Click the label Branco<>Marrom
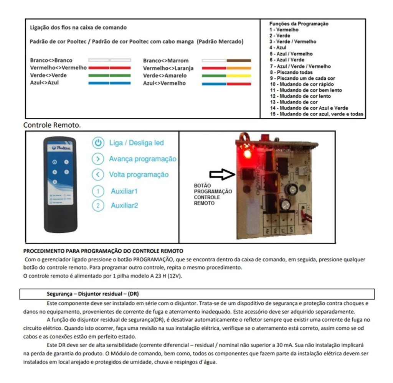tap(165, 61)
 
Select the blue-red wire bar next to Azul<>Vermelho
tap(226, 83)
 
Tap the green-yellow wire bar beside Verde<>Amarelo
tap(226, 76)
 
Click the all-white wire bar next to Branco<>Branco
tap(110, 61)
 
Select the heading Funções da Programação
tap(299, 24)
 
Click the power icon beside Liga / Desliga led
tap(98, 143)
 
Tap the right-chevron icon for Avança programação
tap(98, 159)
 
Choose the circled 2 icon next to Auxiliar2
tap(98, 205)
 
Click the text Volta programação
tap(139, 174)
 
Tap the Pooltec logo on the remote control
tap(60, 147)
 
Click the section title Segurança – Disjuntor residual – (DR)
tap(92, 294)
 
